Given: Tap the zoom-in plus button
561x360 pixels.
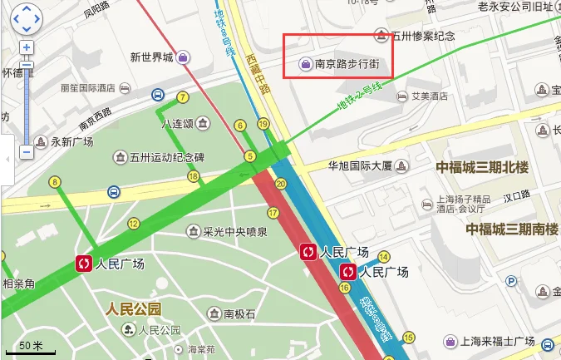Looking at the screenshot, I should pos(27,47).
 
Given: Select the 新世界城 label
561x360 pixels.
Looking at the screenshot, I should pos(151,57).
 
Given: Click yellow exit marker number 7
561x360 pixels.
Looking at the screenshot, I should pos(182,97).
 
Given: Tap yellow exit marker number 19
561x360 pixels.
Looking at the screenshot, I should pos(263,125).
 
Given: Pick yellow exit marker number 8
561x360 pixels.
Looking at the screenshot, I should pos(56,182).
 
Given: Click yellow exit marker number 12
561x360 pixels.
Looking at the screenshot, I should pos(133,223).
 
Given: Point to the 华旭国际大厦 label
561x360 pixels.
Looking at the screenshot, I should pos(359,165).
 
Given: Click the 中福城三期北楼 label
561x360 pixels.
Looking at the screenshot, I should pos(482,167).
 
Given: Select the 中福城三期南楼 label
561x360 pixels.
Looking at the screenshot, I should pos(512,229).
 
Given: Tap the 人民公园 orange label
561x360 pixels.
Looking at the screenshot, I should pos(133,309).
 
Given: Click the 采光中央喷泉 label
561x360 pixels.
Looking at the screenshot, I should pos(235,232).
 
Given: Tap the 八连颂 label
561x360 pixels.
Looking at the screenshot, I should pos(177,124).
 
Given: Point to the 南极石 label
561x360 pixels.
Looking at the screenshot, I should pos(239,313).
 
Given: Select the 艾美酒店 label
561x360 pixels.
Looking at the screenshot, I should pos(430,96).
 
